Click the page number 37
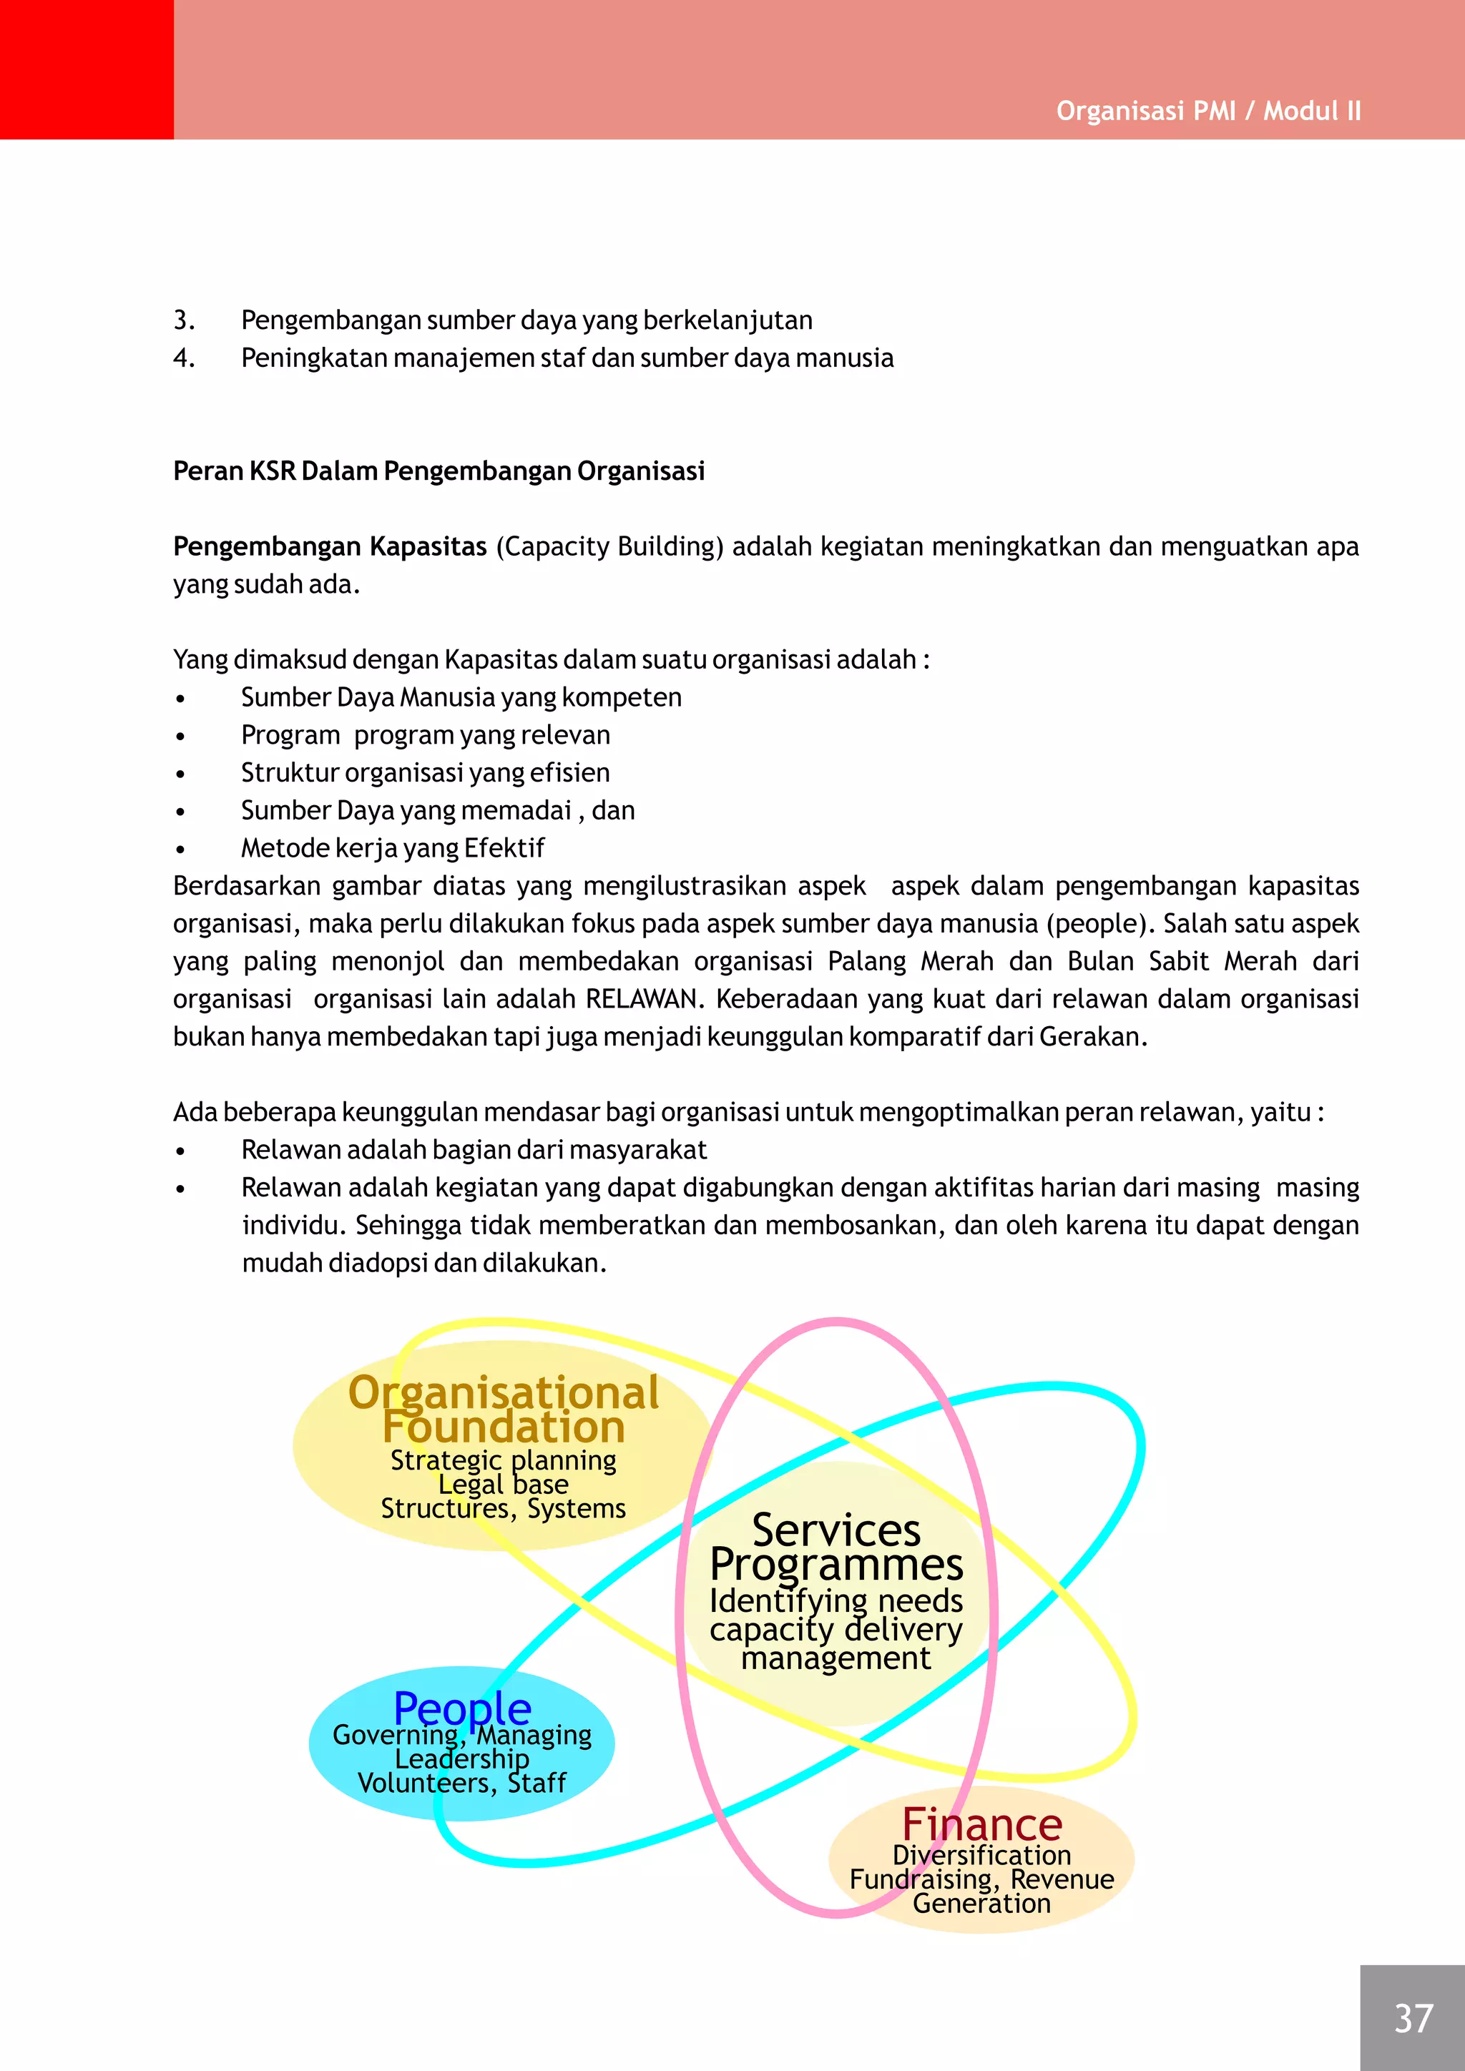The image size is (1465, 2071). [1413, 2019]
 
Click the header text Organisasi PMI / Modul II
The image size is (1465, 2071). [1208, 111]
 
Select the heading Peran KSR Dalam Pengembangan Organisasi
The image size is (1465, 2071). [438, 471]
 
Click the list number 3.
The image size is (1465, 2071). [184, 320]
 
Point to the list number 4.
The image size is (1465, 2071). [184, 358]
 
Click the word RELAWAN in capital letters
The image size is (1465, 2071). [642, 998]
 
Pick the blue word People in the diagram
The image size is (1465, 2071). [462, 1708]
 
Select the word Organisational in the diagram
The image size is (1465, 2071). [504, 1392]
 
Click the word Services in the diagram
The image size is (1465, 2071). [836, 1530]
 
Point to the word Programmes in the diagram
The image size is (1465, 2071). [836, 1564]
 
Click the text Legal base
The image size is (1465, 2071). [504, 1484]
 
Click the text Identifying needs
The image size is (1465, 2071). [836, 1600]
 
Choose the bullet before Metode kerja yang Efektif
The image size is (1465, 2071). [181, 849]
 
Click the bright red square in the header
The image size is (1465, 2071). [87, 69]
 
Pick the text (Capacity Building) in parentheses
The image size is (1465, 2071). [609, 546]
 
